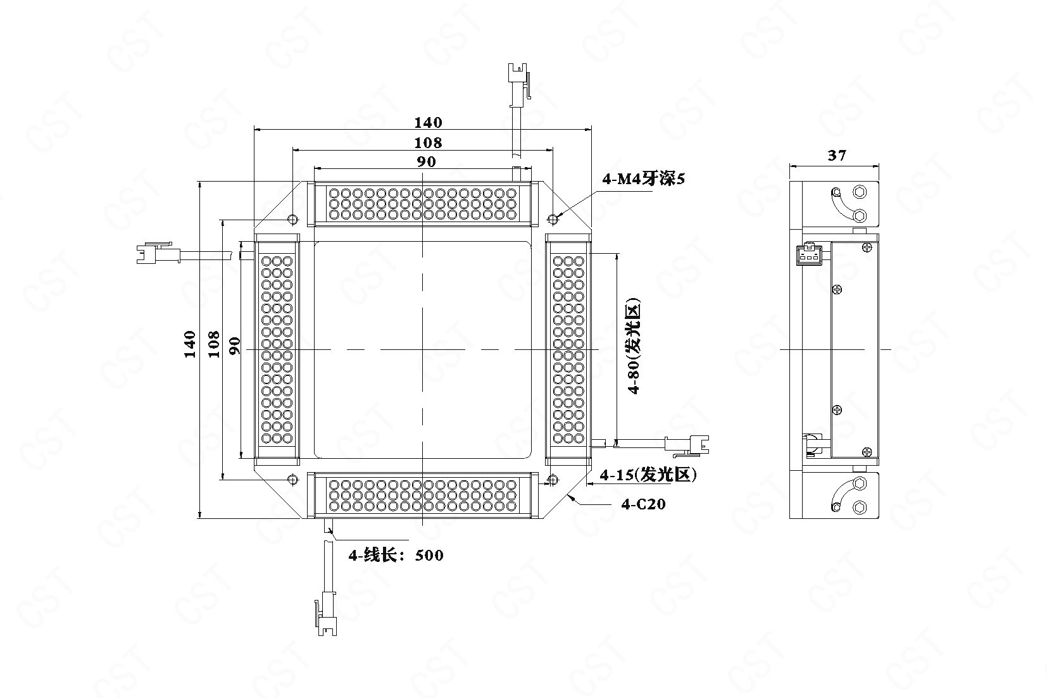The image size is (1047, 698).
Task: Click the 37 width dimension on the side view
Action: (837, 155)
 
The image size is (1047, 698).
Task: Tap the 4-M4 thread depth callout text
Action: (643, 178)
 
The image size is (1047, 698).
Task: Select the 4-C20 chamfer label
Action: (643, 504)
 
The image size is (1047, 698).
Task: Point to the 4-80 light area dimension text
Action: (634, 347)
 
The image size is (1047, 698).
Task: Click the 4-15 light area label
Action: (648, 475)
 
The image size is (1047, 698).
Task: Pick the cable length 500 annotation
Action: (396, 555)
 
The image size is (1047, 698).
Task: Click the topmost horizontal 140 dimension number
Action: (428, 122)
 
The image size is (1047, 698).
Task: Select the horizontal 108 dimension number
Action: (428, 142)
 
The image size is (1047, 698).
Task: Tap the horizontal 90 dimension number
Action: (426, 161)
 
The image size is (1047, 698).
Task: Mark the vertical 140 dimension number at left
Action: (190, 344)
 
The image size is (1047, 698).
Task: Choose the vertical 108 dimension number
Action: (213, 344)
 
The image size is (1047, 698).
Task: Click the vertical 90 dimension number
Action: (235, 346)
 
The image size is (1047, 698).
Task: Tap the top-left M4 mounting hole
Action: (293, 219)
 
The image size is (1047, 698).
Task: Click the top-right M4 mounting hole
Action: (553, 219)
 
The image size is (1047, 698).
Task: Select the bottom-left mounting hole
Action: (293, 479)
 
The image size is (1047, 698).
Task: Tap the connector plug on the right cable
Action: (687, 446)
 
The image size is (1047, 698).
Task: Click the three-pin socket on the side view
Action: (809, 254)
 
